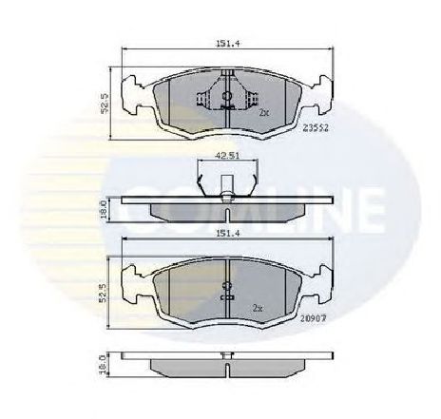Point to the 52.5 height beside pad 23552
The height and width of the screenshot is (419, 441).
click(111, 103)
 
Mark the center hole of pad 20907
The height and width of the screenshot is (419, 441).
click(226, 286)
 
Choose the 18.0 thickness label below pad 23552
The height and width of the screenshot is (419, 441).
click(111, 208)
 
